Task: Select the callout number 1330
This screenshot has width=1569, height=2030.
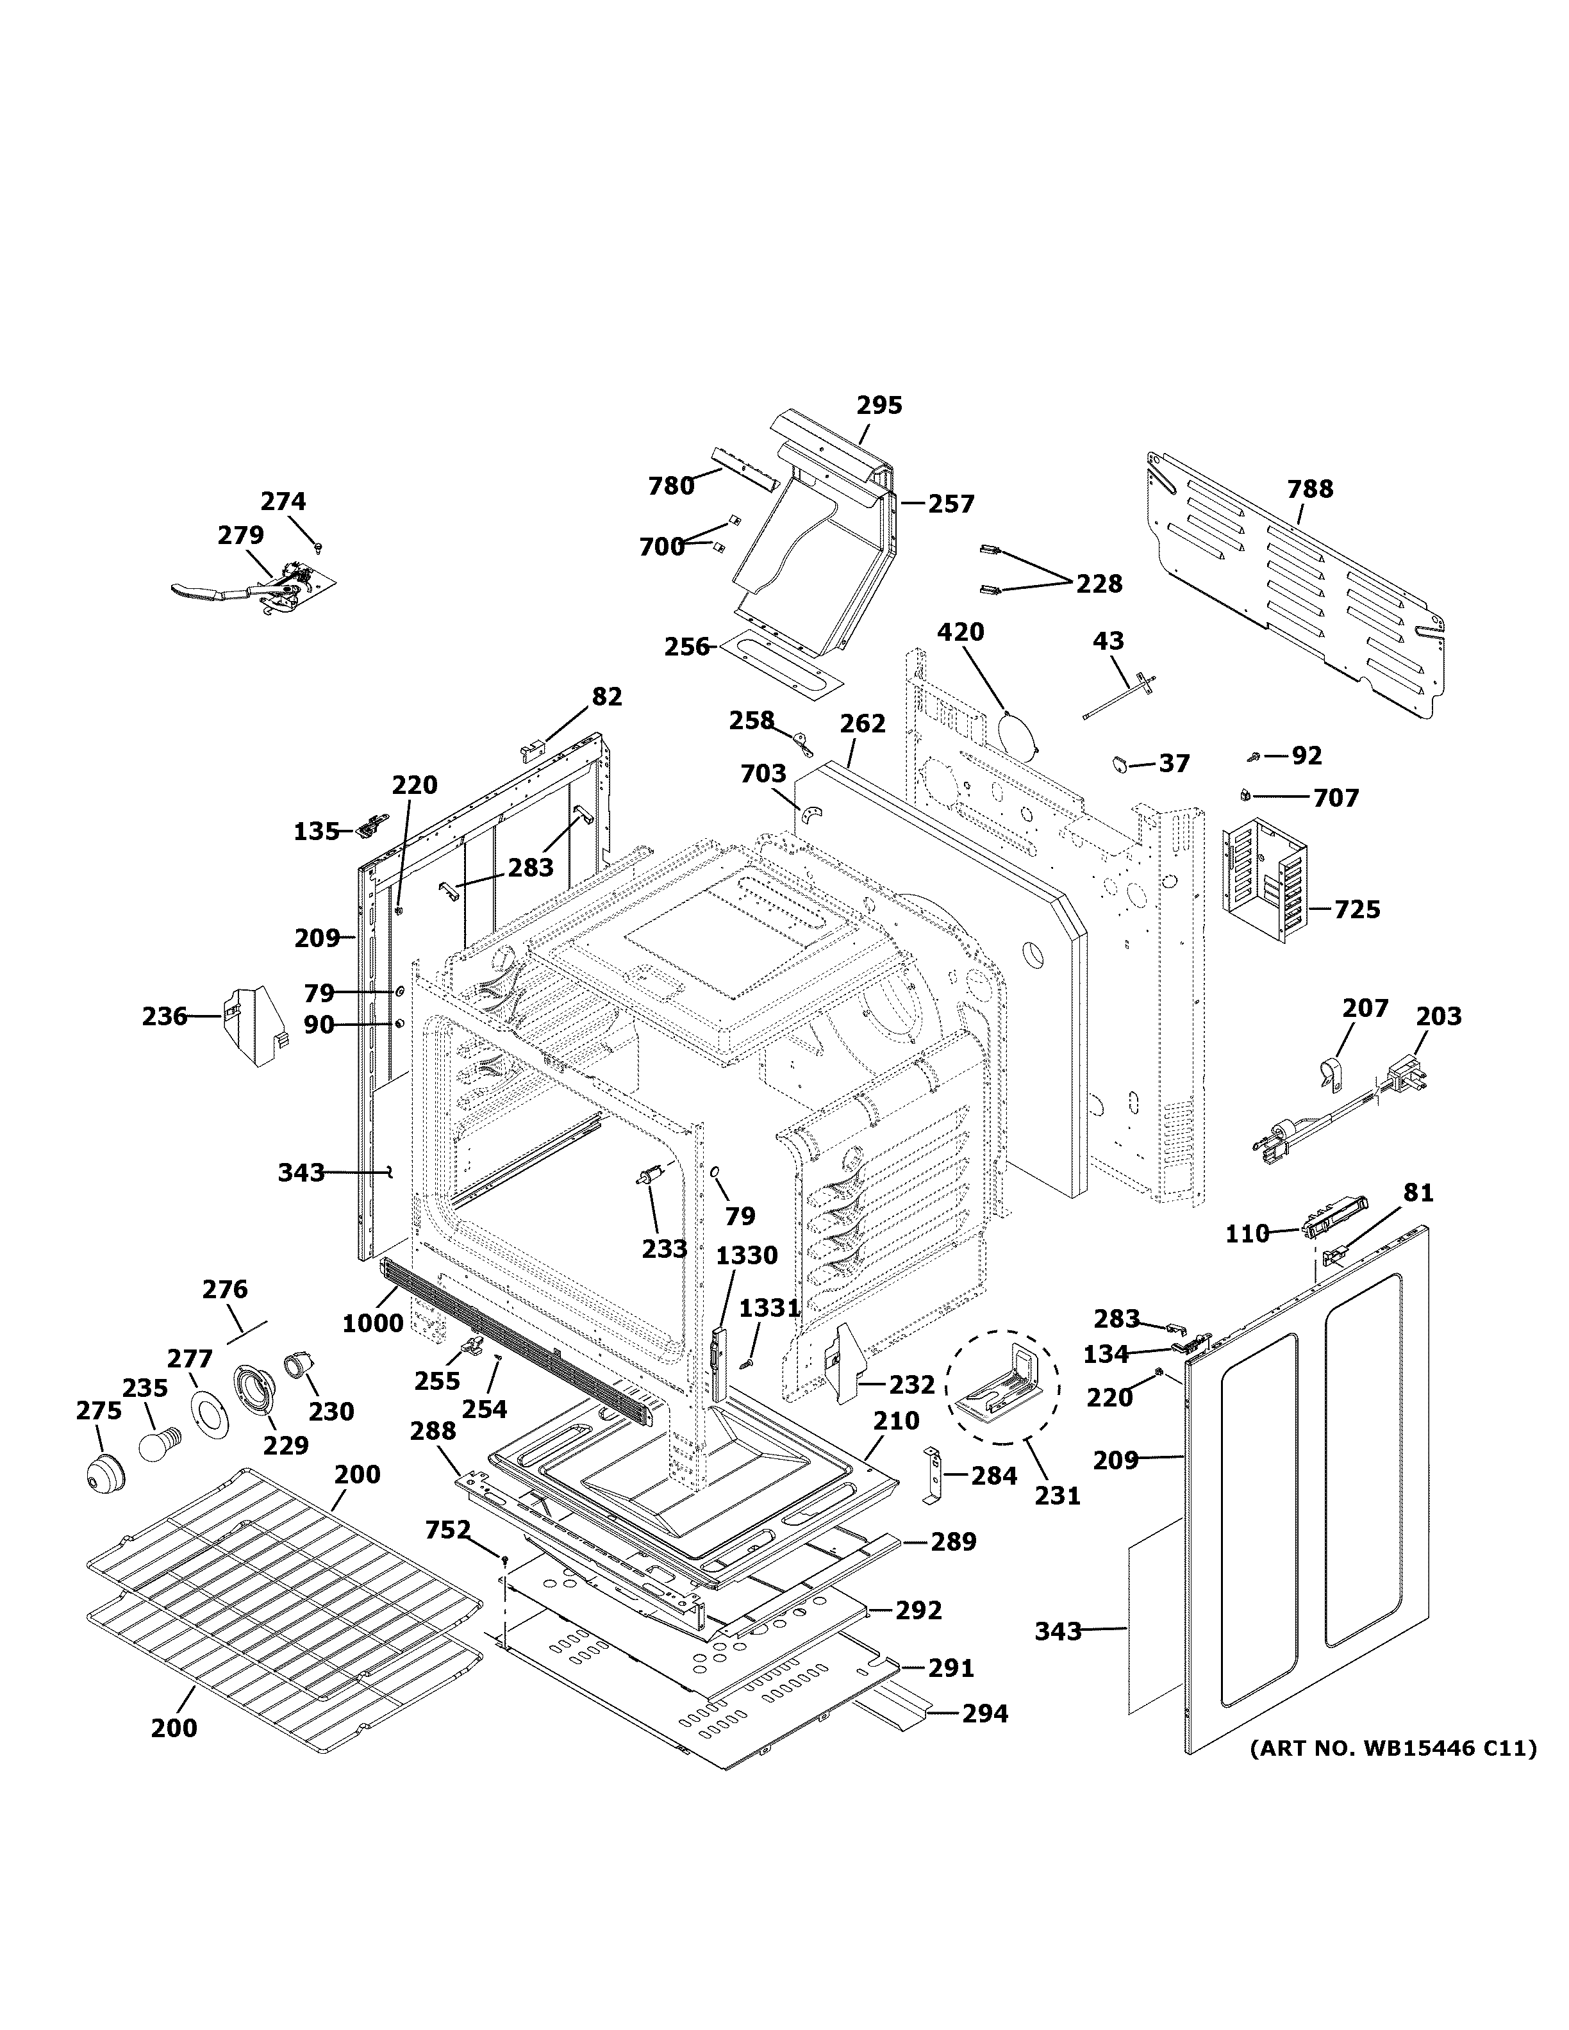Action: click(x=747, y=1256)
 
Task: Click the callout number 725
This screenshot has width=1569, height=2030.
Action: click(x=1357, y=909)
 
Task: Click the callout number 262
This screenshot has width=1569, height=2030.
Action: click(x=863, y=723)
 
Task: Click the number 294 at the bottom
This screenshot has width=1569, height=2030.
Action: click(x=984, y=1713)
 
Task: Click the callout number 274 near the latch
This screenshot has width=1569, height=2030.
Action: click(x=283, y=502)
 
